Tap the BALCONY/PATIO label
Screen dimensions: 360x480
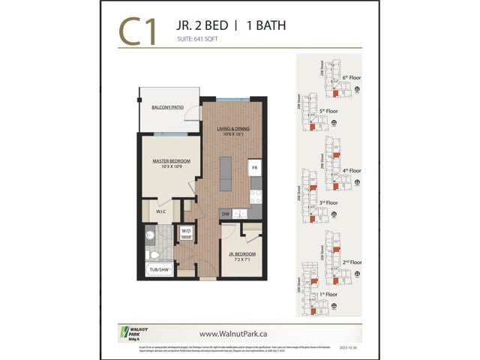coord(168,108)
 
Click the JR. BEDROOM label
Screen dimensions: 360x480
coord(243,255)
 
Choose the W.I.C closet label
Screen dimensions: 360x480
coord(160,211)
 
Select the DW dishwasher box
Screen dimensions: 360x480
coord(225,214)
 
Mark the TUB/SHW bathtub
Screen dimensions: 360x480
coord(158,268)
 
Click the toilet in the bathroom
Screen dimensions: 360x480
coord(149,239)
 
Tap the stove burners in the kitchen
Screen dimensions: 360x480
coord(255,193)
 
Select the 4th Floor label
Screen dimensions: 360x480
coord(351,170)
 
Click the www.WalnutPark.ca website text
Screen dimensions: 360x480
coord(239,333)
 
